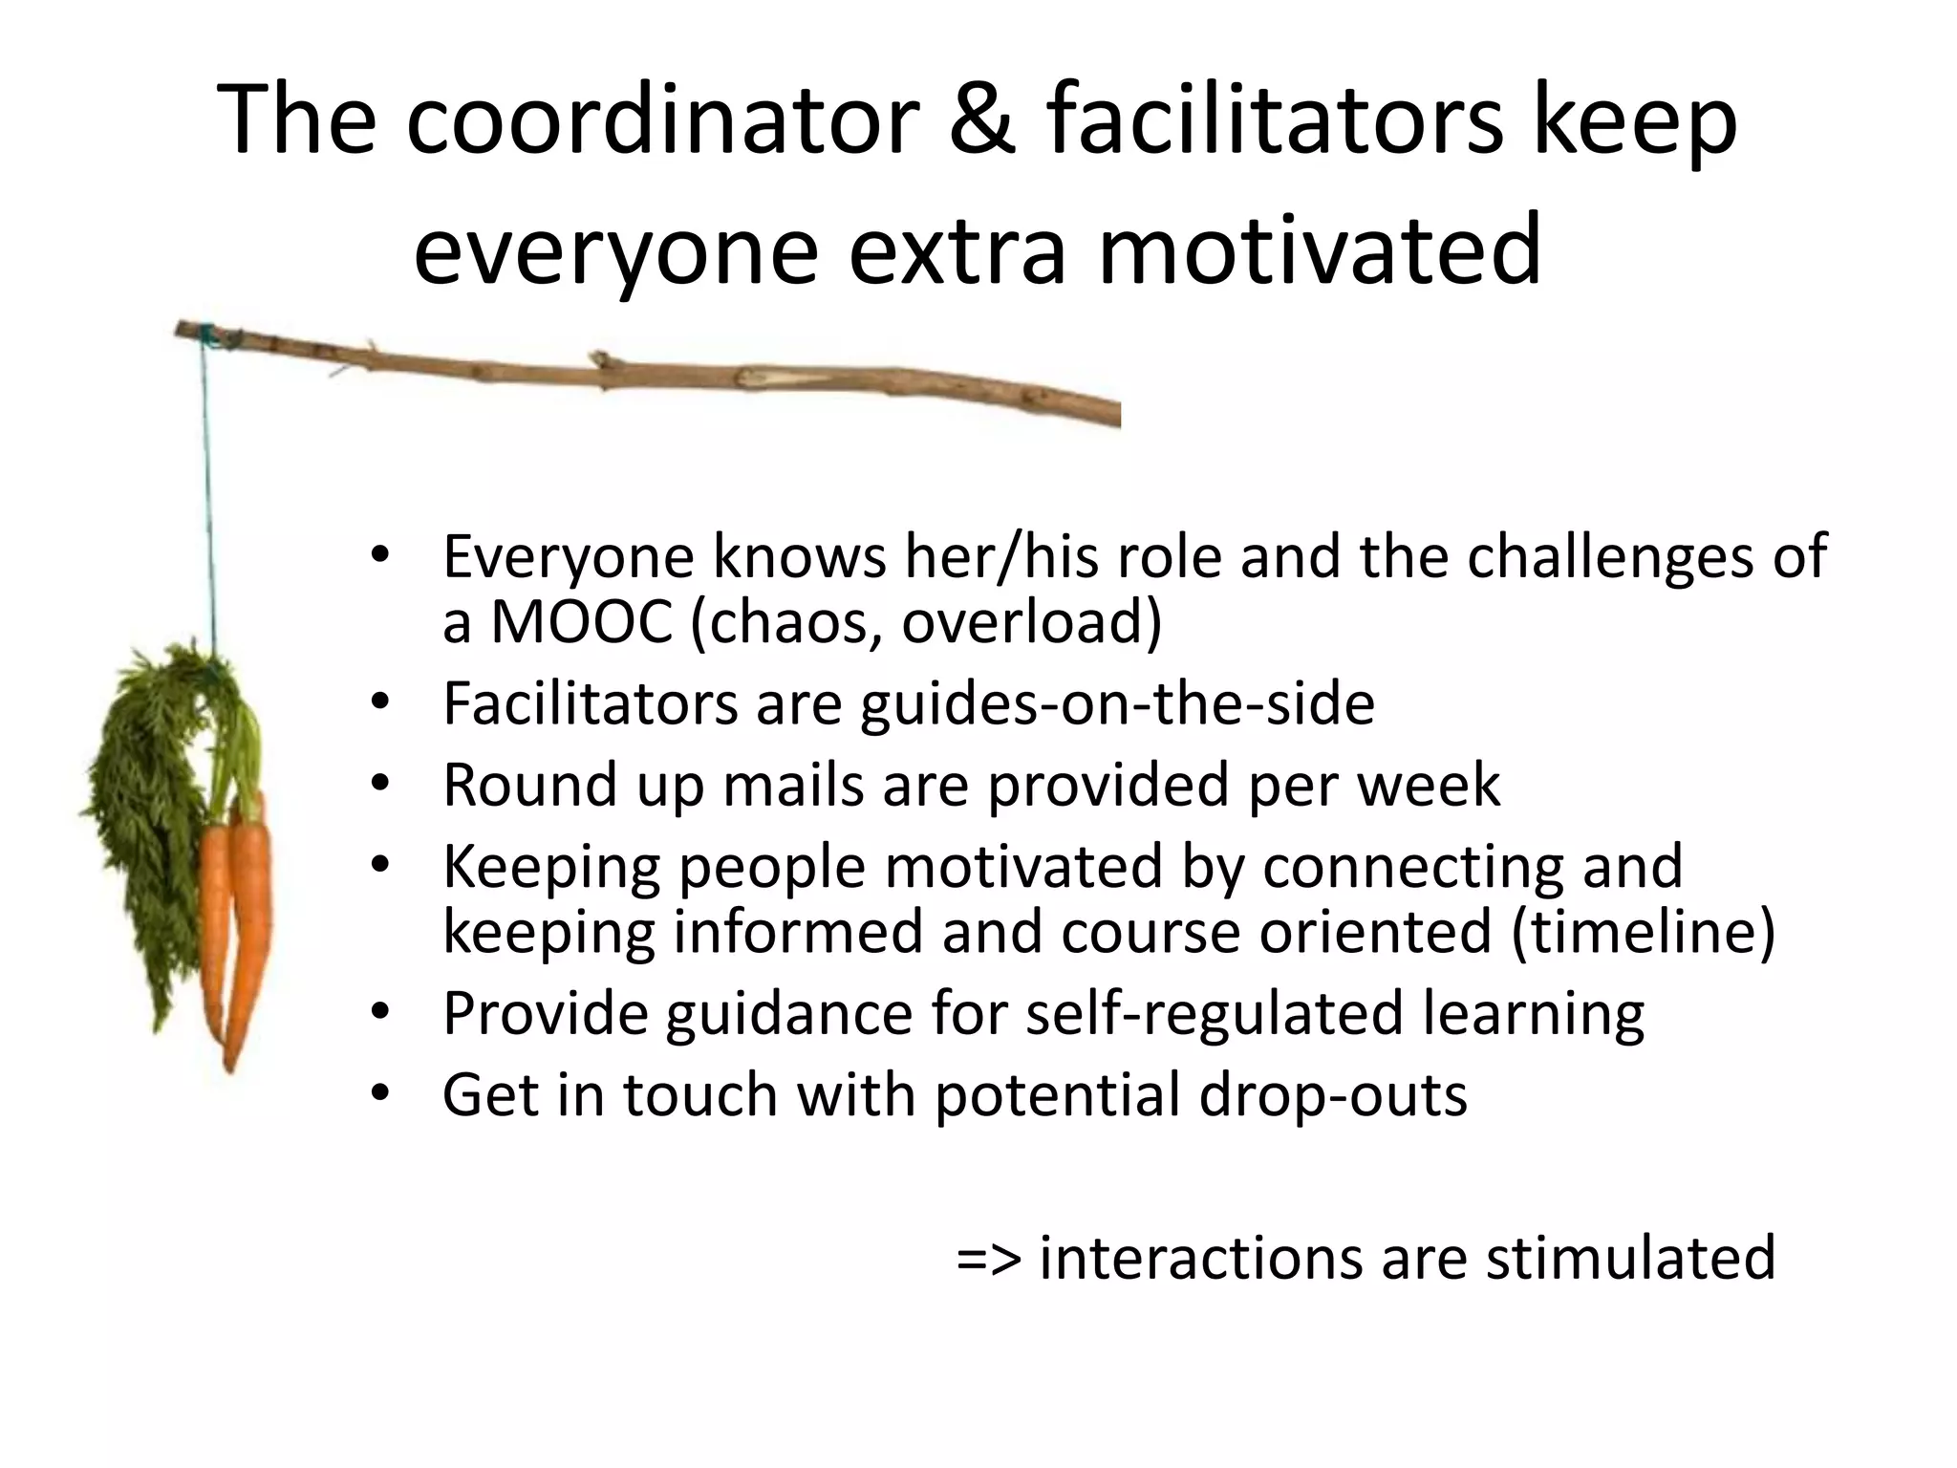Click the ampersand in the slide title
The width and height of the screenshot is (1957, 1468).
click(980, 122)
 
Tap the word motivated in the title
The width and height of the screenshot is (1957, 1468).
click(1320, 250)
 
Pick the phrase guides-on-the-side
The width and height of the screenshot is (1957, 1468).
click(1117, 703)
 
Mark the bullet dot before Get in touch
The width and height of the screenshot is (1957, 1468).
click(381, 1094)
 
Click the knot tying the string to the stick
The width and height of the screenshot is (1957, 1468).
click(203, 334)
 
